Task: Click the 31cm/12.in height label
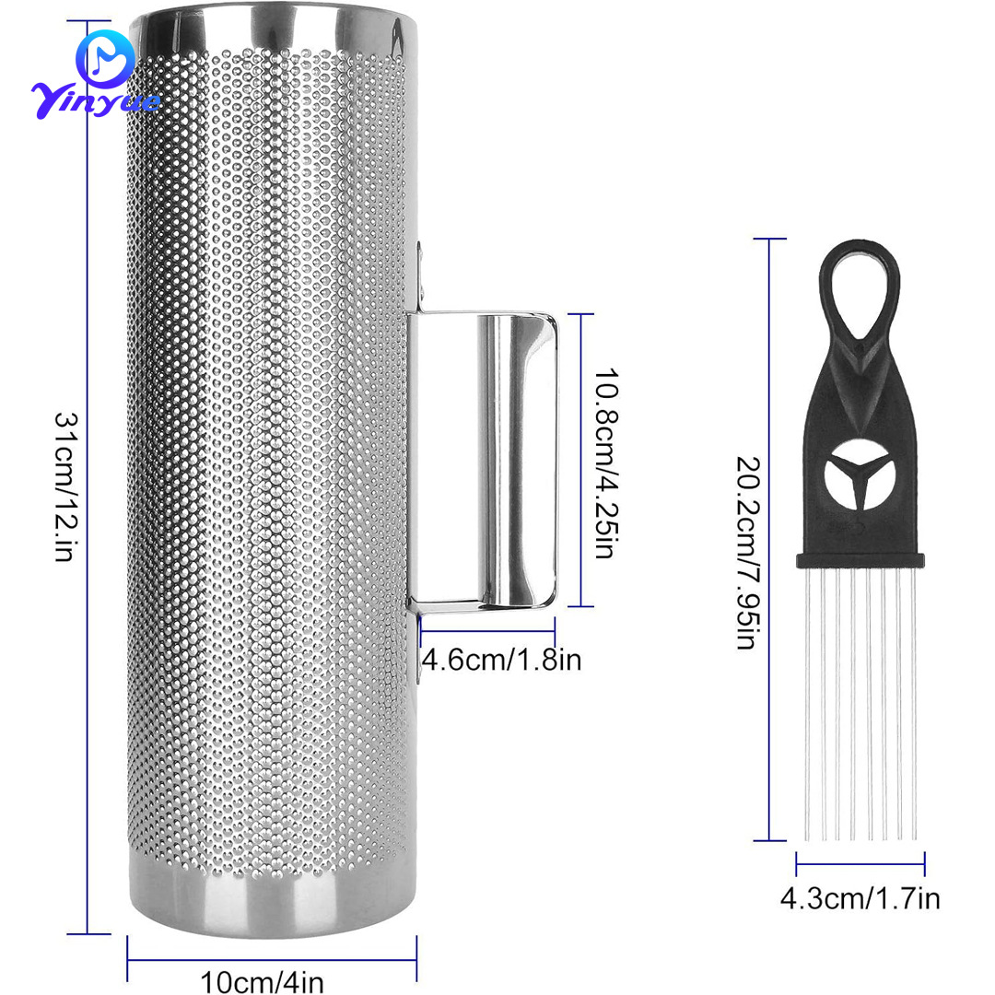pyautogui.click(x=65, y=486)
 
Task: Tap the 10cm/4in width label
pyautogui.click(x=262, y=981)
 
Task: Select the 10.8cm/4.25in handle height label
pyautogui.click(x=605, y=463)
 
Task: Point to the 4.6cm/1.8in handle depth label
pyautogui.click(x=501, y=660)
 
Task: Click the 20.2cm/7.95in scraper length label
pyautogui.click(x=747, y=553)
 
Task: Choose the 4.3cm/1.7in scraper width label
pyautogui.click(x=860, y=898)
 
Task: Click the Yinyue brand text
pyautogui.click(x=95, y=99)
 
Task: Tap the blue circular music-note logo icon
pyautogui.click(x=105, y=58)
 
